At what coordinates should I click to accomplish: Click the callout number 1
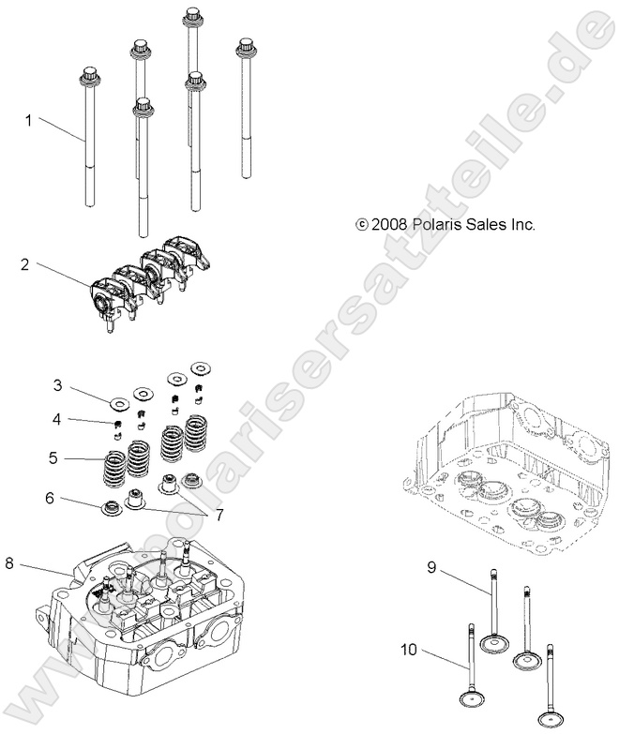(29, 120)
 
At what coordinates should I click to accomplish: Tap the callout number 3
(57, 385)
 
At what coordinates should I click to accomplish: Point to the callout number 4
(57, 418)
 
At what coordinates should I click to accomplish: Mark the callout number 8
(10, 563)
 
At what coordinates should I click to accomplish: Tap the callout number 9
(432, 568)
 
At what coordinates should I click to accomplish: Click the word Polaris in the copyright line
(448, 250)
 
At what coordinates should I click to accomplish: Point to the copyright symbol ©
(362, 251)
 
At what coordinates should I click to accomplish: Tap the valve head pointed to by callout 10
(468, 698)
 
